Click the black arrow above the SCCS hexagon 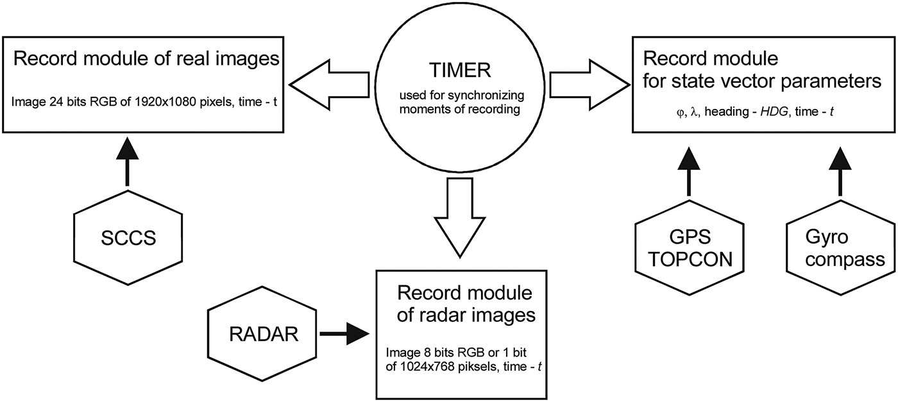coord(128,163)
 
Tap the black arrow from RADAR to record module coord(345,334)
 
